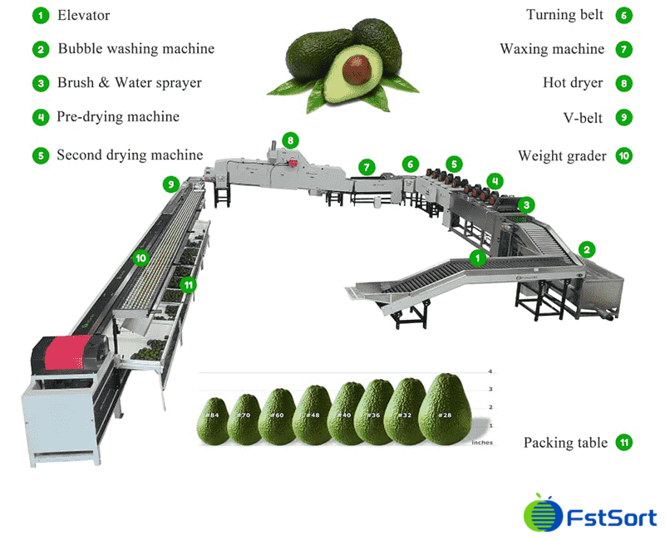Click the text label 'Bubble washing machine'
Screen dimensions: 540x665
click(135, 48)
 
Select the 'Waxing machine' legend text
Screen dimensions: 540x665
click(552, 49)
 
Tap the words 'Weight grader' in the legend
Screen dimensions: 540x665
click(562, 155)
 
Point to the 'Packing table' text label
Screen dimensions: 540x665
click(565, 443)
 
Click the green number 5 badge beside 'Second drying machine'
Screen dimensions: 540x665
click(40, 155)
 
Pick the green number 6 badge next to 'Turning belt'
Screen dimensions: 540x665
click(623, 15)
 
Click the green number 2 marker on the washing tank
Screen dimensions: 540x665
click(587, 248)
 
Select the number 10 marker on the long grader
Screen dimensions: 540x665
click(141, 258)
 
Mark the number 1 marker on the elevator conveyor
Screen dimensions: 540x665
click(477, 258)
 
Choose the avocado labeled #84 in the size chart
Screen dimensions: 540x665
click(213, 420)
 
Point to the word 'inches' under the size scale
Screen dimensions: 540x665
click(481, 443)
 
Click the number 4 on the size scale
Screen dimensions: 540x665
click(490, 371)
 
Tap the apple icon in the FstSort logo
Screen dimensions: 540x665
click(539, 515)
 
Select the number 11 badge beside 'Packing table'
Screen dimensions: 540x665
click(623, 443)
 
